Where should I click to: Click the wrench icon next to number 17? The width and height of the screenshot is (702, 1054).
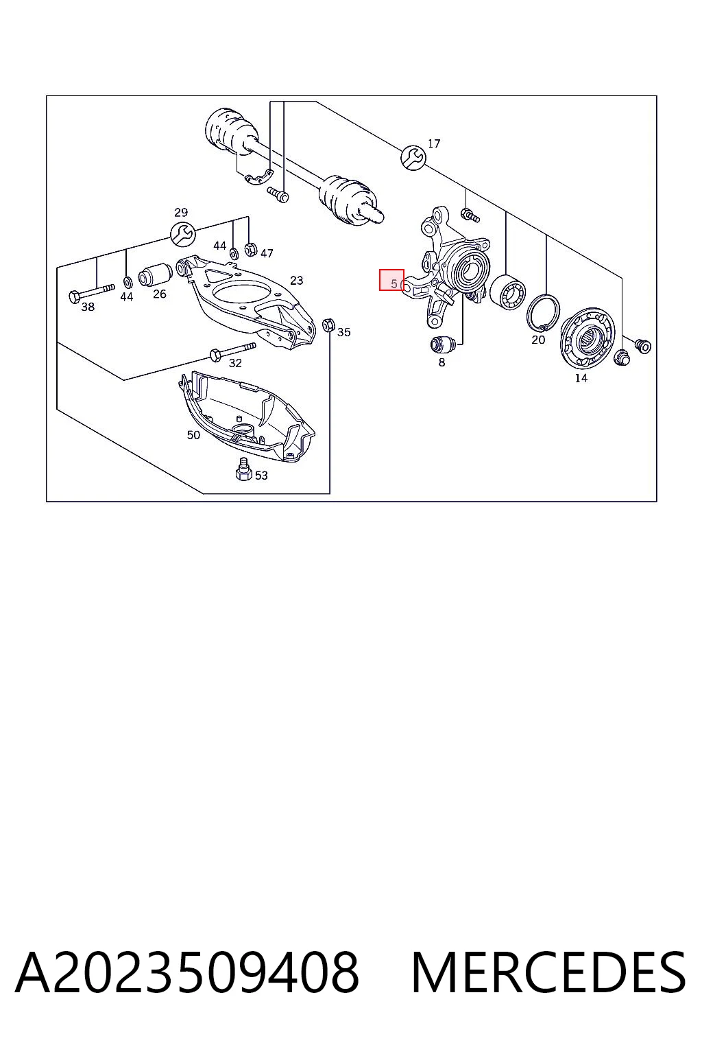pos(413,158)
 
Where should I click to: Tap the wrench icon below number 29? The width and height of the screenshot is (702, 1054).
pos(182,234)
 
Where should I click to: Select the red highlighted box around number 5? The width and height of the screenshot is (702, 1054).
pos(391,280)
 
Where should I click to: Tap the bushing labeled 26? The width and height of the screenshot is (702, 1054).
pos(156,274)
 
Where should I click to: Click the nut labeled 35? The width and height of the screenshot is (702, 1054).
pos(328,324)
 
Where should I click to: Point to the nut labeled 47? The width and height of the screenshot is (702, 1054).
pos(251,249)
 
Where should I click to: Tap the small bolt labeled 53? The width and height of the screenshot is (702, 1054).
pos(243,469)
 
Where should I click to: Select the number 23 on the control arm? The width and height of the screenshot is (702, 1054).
pos(296,281)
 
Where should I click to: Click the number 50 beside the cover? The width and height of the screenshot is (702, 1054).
pos(193,435)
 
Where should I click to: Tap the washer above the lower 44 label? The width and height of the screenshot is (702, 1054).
pos(127,282)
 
